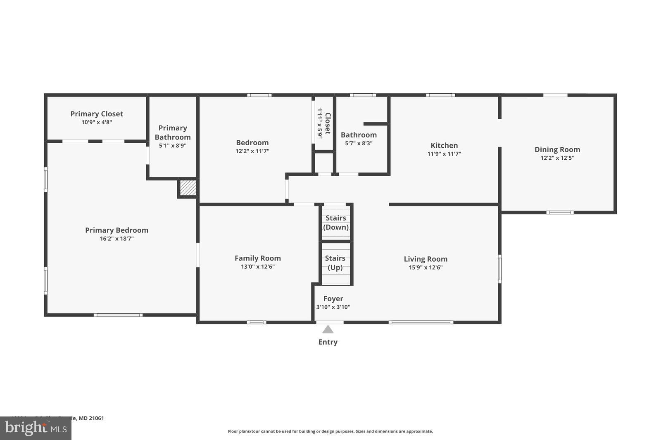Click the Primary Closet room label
pyautogui.click(x=97, y=114)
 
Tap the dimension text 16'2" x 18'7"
pyautogui.click(x=117, y=239)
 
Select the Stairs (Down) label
pyautogui.click(x=335, y=222)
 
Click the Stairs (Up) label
pyautogui.click(x=335, y=263)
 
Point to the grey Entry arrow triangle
pyautogui.click(x=328, y=329)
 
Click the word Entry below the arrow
pyautogui.click(x=328, y=342)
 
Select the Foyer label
pyautogui.click(x=333, y=298)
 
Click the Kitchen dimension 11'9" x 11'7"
pyautogui.click(x=444, y=154)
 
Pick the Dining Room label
pyautogui.click(x=557, y=149)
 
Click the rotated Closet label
pyautogui.click(x=327, y=123)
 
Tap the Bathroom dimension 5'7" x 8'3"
pyautogui.click(x=359, y=143)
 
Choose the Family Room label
pyautogui.click(x=257, y=258)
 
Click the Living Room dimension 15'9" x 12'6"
pyautogui.click(x=426, y=267)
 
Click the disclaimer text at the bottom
pyautogui.click(x=330, y=431)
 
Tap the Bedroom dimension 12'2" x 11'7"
pyautogui.click(x=252, y=151)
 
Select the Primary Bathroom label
pyautogui.click(x=173, y=132)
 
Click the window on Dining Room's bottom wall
pyautogui.click(x=560, y=213)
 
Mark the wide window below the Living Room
pyautogui.click(x=421, y=322)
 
